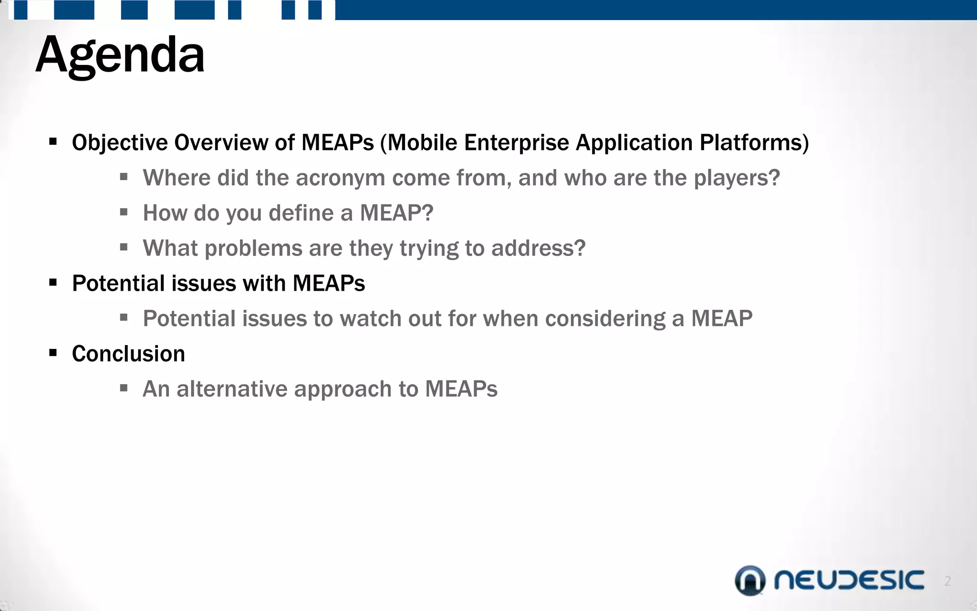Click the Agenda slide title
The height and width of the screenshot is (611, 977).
point(120,55)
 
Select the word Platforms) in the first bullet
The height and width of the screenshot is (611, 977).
point(754,143)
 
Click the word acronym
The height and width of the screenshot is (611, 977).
point(340,178)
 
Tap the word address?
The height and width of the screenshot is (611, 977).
point(538,248)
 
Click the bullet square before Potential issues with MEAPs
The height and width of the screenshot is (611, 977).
point(53,283)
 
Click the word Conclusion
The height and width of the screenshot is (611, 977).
point(128,354)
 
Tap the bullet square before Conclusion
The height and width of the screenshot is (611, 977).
point(53,353)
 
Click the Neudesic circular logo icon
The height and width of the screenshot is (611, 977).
point(750,580)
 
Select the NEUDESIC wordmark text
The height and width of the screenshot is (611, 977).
point(849,580)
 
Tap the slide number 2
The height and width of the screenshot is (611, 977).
point(947,581)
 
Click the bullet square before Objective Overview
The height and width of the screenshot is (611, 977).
point(53,142)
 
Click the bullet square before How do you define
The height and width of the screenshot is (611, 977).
point(124,212)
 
